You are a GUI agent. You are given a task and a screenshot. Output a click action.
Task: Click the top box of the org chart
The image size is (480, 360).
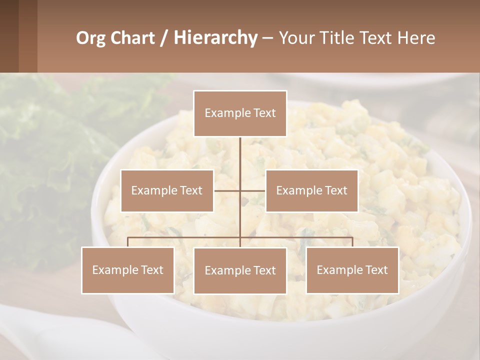tap(240, 113)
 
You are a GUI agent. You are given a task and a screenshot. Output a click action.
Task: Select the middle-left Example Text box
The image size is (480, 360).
tap(167, 190)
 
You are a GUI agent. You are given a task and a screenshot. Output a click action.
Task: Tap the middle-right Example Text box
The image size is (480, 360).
tap(311, 190)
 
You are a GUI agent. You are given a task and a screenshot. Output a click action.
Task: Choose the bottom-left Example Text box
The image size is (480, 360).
tap(127, 270)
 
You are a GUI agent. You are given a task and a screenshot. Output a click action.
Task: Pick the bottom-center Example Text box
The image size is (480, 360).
tap(240, 270)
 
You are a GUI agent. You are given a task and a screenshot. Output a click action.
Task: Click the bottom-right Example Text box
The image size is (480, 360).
tap(352, 270)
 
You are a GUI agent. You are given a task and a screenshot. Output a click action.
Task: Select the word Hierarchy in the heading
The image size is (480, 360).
tap(215, 38)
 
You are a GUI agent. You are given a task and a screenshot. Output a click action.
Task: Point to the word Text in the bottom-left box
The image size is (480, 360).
tap(152, 270)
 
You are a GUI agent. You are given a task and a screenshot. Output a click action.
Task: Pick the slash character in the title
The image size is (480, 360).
tap(163, 38)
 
